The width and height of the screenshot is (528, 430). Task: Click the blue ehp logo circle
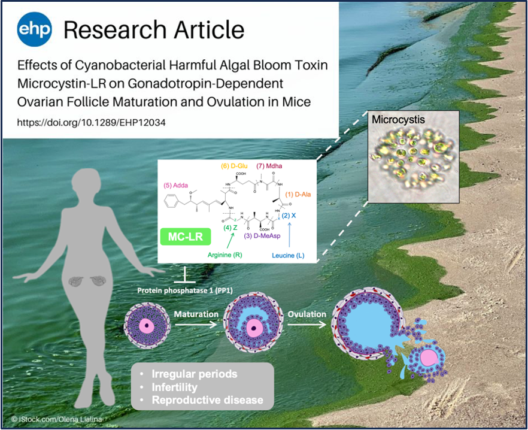click(x=34, y=29)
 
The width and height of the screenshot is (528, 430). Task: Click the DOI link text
click(x=91, y=122)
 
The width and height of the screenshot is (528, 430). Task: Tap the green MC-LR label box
click(x=186, y=237)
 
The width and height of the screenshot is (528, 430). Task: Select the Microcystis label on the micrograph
click(x=398, y=120)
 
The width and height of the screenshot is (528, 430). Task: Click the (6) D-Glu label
click(x=235, y=166)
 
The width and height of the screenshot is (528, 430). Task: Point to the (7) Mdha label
click(x=269, y=166)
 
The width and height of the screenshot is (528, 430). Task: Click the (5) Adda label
click(x=176, y=185)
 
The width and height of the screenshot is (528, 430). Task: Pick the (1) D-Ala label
click(x=298, y=195)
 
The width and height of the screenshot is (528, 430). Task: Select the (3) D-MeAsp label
click(x=262, y=236)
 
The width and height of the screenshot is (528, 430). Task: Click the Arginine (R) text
click(x=224, y=255)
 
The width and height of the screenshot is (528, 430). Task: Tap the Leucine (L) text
click(x=289, y=256)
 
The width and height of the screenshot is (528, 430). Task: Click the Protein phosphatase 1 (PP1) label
click(x=185, y=290)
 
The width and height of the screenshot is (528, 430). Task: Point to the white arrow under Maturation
click(x=196, y=325)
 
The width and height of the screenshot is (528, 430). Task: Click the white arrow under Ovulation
click(x=307, y=325)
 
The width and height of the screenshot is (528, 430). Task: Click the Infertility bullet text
click(x=174, y=387)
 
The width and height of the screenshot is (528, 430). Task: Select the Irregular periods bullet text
click(x=195, y=374)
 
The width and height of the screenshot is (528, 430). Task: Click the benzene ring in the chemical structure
click(x=171, y=201)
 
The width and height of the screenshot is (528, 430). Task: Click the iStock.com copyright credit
click(x=56, y=419)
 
